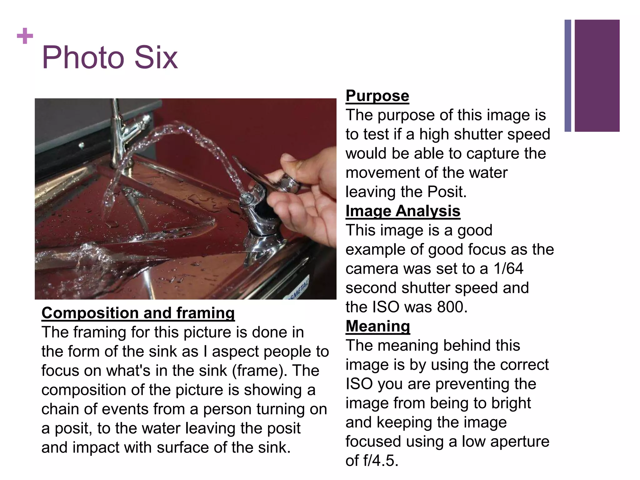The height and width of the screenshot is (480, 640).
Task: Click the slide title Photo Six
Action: (110, 57)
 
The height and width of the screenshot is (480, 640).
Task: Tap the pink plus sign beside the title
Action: (25, 36)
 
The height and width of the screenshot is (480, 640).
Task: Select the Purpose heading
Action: (377, 96)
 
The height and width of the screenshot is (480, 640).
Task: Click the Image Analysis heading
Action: (403, 211)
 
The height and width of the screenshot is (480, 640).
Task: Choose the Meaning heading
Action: (378, 326)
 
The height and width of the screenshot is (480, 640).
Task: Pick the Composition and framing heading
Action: (138, 313)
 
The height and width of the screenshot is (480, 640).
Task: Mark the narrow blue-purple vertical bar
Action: (568, 76)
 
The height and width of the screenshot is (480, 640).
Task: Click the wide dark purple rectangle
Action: (597, 76)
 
